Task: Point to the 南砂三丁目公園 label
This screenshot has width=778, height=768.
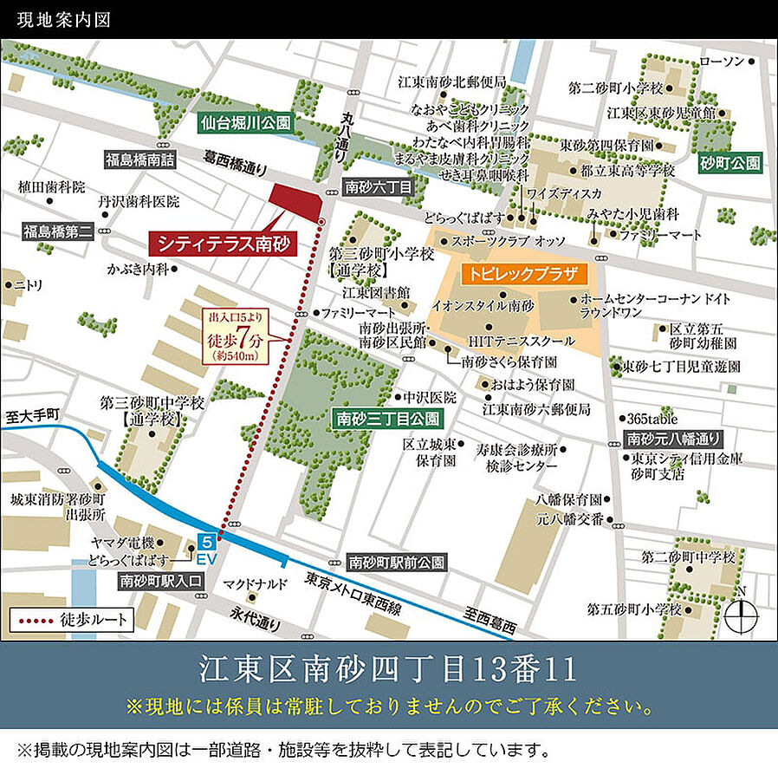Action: pyautogui.click(x=387, y=420)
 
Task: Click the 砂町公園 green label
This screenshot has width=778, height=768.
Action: pyautogui.click(x=730, y=162)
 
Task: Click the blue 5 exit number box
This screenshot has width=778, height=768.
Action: pyautogui.click(x=206, y=541)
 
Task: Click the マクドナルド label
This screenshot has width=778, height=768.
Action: pyautogui.click(x=255, y=583)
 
